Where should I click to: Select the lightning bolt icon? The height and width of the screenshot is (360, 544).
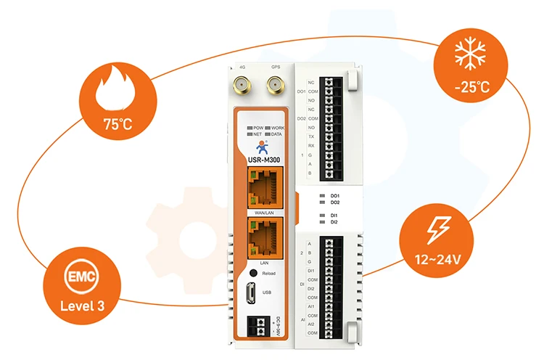click(437, 230)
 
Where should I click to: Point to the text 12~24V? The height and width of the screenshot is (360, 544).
click(437, 258)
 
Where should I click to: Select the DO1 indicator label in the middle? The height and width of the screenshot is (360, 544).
click(334, 197)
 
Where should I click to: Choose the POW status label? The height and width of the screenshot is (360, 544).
click(255, 128)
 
